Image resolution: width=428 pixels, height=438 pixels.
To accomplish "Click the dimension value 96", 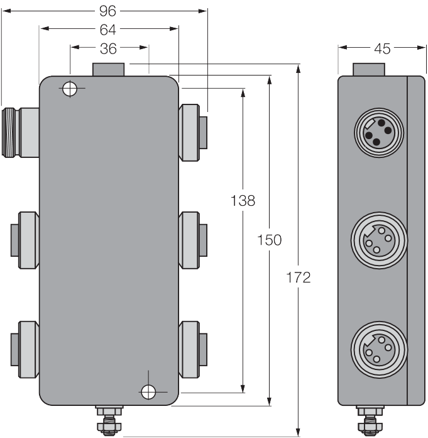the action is [107, 11].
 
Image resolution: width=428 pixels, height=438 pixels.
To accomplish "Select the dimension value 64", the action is [107, 30].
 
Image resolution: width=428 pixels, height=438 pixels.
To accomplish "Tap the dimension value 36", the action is [108, 48].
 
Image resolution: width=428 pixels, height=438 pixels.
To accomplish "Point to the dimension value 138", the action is [243, 201].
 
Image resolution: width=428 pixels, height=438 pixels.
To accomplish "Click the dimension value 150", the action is [269, 240].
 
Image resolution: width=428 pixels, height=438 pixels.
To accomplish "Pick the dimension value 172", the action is [299, 278].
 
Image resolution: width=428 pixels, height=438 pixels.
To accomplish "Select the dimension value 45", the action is [382, 49].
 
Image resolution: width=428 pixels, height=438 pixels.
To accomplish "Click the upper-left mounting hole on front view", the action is [70, 88].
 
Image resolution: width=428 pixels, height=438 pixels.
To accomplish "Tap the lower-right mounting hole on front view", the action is [148, 392].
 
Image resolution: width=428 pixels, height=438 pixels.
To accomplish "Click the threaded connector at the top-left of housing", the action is [20, 133].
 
